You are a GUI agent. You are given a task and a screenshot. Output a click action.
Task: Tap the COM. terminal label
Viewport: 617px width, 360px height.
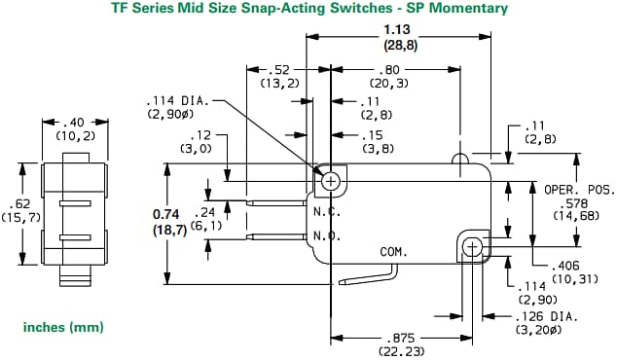[392, 251]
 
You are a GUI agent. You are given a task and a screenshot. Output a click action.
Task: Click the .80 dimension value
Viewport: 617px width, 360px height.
[392, 70]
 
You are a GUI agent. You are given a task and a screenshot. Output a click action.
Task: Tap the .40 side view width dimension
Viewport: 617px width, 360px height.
[73, 124]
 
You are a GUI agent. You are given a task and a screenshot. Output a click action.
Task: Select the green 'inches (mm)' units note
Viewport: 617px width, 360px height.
[63, 328]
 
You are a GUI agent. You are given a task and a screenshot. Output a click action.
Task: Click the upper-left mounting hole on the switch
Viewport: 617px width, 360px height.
[332, 180]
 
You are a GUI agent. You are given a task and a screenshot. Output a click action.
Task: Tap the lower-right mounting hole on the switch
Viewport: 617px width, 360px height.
[474, 245]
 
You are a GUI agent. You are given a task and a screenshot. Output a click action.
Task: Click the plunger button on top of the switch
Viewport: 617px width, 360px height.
[458, 156]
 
